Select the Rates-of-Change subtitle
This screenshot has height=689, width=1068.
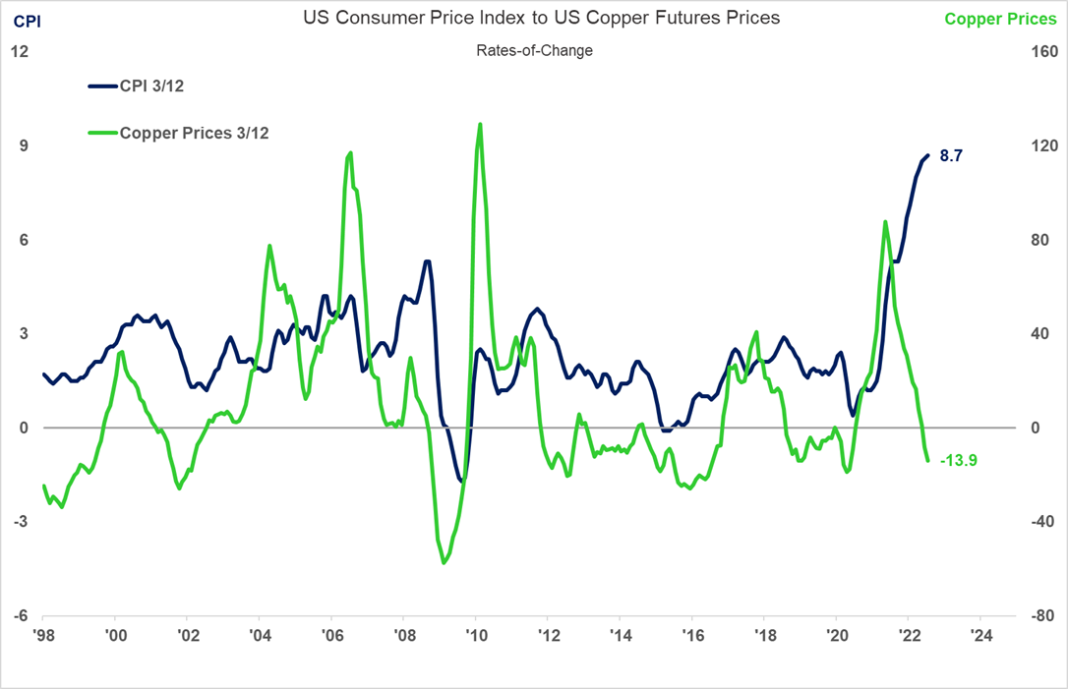[534, 50]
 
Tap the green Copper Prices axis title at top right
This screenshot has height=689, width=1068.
[999, 19]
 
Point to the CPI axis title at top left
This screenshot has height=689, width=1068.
[26, 19]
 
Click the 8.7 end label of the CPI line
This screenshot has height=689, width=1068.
[951, 155]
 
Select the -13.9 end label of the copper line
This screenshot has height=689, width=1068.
[958, 460]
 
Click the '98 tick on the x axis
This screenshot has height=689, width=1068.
[42, 635]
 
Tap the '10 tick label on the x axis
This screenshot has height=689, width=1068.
[475, 635]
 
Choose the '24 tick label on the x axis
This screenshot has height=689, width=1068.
[979, 635]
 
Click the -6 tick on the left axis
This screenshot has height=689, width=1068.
[18, 616]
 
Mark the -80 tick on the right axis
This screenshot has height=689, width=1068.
[1042, 616]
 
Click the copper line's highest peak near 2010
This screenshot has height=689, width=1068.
[479, 124]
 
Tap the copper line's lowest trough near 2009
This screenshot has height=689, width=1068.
[444, 563]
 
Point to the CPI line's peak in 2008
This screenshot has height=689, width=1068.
[427, 261]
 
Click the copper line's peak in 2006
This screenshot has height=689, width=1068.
[350, 153]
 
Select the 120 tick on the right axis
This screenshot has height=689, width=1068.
[1042, 145]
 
